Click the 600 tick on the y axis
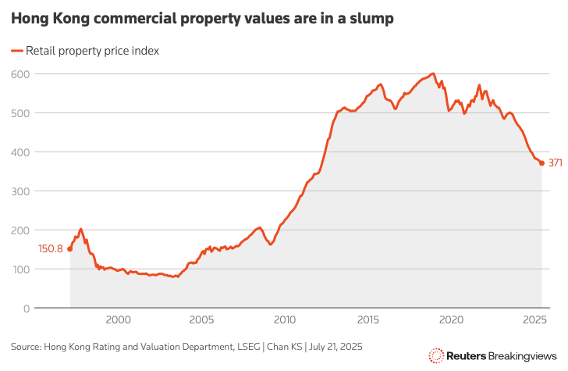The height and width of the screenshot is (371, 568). pos(21,74)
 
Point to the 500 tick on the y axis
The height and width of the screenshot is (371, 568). pos(21,113)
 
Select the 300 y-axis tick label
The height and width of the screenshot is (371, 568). pos(21,191)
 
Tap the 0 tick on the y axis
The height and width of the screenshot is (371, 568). pos(26,309)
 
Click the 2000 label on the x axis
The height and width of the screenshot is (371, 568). pos(118,319)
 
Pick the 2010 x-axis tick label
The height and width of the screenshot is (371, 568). pos(285,319)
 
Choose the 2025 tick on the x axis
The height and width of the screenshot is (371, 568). pos(535,319)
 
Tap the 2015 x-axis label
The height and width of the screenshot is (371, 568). pos(368,319)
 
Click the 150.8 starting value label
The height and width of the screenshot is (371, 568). pos(50,249)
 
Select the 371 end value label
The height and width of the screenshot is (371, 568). pos(556,163)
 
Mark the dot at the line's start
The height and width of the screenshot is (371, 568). pos(70,249)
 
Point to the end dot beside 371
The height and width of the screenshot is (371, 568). pos(542,163)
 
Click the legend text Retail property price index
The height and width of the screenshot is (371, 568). pos(93,51)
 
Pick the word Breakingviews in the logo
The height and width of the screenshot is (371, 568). pos(521,356)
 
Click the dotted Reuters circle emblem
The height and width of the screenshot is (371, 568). pos(436,356)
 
